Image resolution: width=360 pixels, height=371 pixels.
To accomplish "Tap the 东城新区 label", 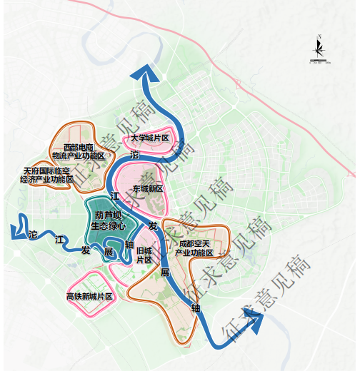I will tap(148, 189).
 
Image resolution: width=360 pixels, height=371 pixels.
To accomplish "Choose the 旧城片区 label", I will tap(144, 255).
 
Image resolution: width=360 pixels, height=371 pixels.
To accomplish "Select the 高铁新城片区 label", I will tap(89, 295).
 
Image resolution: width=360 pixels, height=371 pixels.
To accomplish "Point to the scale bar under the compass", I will tap(319, 64).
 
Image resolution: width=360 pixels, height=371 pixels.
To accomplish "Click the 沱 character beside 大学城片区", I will tap(134, 153).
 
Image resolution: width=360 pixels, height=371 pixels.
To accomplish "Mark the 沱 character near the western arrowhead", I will tap(32, 235).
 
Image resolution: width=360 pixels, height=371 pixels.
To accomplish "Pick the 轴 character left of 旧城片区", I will tap(129, 244).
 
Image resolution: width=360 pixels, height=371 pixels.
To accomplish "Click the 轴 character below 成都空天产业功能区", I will tap(196, 308).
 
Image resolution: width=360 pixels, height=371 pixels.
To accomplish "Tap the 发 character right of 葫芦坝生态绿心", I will tap(152, 225).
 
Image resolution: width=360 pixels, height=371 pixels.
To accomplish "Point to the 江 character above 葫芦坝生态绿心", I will tap(114, 195).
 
